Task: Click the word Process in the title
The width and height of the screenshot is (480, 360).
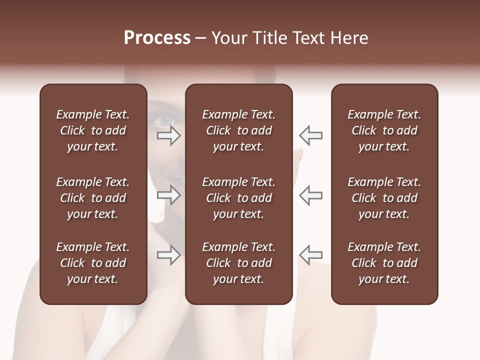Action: point(157,38)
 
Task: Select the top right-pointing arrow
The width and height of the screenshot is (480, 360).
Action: point(169,135)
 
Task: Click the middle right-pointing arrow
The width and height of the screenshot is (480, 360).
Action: point(169,195)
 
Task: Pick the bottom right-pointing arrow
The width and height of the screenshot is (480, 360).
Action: point(169,255)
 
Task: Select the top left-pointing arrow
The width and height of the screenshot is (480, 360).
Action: point(311,135)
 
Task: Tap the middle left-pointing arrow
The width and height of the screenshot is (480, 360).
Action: point(311,195)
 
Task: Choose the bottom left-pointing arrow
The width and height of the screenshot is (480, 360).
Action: point(311,255)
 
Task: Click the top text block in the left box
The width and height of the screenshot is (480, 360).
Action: point(93,130)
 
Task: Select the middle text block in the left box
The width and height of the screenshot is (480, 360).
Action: point(93,198)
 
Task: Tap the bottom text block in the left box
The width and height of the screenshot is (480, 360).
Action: point(93,263)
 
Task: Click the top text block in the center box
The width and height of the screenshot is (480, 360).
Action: point(238,130)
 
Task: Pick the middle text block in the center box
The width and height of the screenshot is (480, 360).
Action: point(238,198)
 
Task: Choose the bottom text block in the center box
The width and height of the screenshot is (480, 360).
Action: point(238,263)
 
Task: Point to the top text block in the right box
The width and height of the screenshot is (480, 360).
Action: point(384,130)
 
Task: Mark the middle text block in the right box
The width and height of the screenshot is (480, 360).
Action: point(384,198)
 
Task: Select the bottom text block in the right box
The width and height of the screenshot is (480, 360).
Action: point(384,263)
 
